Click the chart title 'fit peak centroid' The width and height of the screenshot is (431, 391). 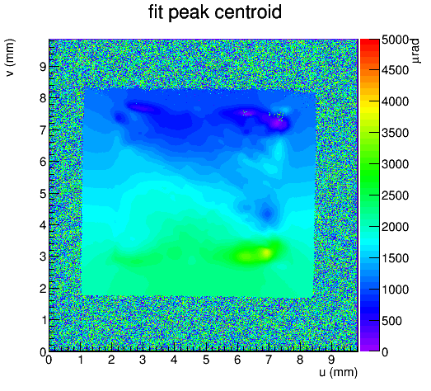[x=215, y=12]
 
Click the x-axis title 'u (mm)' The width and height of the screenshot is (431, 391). [x=339, y=372]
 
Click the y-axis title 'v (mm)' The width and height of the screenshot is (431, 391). [x=10, y=58]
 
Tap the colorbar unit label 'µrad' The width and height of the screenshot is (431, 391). [x=416, y=51]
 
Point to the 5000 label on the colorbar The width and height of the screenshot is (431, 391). [x=395, y=40]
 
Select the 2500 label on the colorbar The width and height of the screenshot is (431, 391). [x=395, y=195]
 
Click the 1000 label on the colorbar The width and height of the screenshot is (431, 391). [x=395, y=290]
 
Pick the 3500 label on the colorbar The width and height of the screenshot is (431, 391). [x=395, y=133]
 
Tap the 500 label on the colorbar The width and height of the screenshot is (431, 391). [x=391, y=321]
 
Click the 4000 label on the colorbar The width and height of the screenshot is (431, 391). [x=395, y=101]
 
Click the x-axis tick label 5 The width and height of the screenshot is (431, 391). [x=206, y=360]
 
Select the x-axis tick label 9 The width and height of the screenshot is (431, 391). [x=331, y=360]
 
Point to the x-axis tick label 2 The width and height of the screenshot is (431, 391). [x=111, y=360]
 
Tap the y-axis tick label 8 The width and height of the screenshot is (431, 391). [x=43, y=98]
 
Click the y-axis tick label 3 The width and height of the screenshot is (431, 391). [x=43, y=257]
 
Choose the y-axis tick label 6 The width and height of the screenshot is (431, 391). [x=43, y=162]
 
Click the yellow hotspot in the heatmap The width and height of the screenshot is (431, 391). [x=266, y=252]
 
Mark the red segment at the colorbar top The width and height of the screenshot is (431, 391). [x=370, y=42]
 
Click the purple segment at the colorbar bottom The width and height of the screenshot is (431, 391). [x=370, y=348]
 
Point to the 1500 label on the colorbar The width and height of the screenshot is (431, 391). [x=395, y=258]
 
